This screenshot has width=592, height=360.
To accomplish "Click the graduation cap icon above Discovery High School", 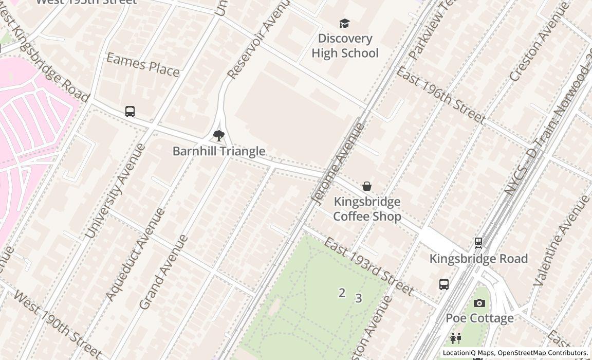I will tap(344, 24).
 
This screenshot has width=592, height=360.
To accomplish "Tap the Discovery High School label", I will tap(345, 46).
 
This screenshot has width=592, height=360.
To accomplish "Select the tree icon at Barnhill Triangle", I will tap(219, 136).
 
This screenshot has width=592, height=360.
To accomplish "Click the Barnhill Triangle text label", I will tap(219, 151).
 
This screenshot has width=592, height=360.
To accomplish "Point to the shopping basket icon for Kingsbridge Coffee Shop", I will tap(367, 186).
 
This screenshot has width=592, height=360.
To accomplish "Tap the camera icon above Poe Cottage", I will tap(479, 303).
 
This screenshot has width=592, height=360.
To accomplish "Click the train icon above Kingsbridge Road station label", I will tap(478, 243).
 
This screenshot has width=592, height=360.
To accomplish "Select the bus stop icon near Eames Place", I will tap(130, 112).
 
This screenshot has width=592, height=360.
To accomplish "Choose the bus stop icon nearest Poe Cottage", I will tap(444, 284).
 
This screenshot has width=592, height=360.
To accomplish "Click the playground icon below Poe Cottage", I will tap(456, 338).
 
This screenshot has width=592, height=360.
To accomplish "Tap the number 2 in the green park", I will tap(342, 293).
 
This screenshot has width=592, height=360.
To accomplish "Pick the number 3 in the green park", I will tap(358, 298).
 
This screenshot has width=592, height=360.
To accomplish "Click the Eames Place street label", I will tap(143, 65).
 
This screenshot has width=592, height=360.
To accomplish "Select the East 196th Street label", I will tap(440, 95).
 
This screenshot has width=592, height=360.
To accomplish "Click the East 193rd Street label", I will tap(368, 266).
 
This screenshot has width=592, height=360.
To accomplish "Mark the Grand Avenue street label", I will tap(163, 273).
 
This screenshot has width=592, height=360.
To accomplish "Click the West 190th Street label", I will tap(57, 325).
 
